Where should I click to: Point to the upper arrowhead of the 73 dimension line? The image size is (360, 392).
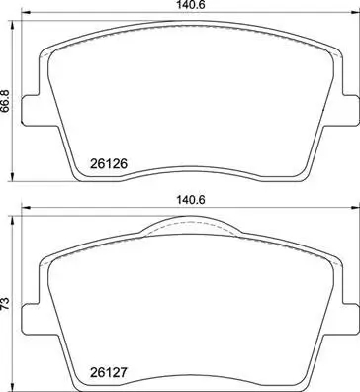17,220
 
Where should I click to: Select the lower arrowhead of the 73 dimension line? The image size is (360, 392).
17,381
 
